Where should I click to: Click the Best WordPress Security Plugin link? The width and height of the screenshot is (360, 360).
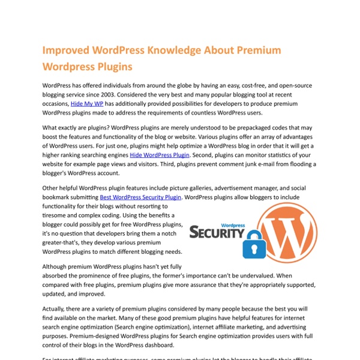point(140,197)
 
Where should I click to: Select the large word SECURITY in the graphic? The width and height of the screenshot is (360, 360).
point(217,232)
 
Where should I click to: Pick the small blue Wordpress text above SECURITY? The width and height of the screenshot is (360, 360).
point(235,220)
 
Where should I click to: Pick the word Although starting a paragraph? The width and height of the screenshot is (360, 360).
point(59,266)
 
